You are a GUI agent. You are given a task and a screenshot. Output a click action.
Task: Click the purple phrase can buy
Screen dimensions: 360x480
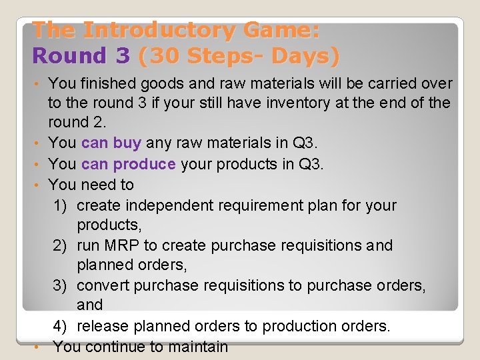(x=111, y=143)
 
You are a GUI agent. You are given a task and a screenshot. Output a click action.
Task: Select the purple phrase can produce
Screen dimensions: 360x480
(x=128, y=164)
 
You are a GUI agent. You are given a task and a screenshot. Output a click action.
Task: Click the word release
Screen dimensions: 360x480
(x=103, y=326)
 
